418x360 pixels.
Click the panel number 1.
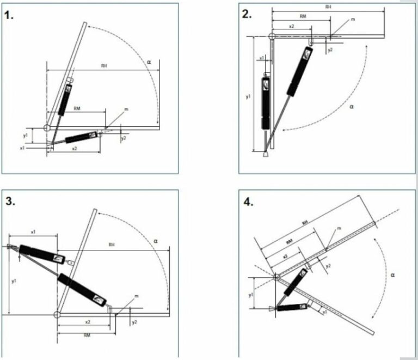[x=9, y=16]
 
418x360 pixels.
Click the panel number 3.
[x=10, y=201]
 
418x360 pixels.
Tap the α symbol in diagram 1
[x=148, y=63]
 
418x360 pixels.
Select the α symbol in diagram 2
[x=352, y=107]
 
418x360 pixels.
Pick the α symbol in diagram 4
[x=393, y=274]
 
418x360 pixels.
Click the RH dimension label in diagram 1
[x=103, y=66]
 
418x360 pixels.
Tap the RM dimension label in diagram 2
[x=303, y=16]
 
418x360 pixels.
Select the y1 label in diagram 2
[x=248, y=96]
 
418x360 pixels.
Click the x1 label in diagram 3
[x=33, y=232]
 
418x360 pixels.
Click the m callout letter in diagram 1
[x=126, y=109]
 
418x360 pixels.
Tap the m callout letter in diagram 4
[x=338, y=229]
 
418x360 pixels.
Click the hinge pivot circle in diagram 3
[x=57, y=315]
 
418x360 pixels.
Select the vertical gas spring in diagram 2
[x=266, y=103]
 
